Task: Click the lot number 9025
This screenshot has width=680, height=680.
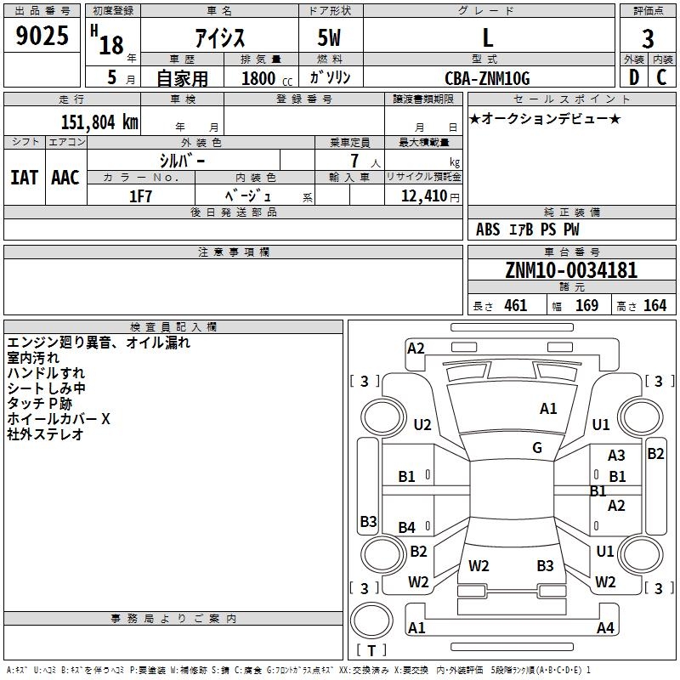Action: (x=42, y=36)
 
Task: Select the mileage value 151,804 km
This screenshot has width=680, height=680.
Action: (x=99, y=122)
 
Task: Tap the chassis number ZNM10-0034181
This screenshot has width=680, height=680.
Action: (x=571, y=270)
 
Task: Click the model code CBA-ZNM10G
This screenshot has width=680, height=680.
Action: (x=487, y=78)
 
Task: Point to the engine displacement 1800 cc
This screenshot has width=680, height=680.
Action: (x=266, y=78)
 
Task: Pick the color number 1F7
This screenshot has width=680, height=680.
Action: (x=140, y=196)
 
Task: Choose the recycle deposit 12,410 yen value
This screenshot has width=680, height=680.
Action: (x=430, y=196)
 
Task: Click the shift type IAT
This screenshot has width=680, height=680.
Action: (x=25, y=178)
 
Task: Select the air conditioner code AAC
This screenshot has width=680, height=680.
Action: (x=65, y=178)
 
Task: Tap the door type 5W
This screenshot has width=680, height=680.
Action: (x=329, y=37)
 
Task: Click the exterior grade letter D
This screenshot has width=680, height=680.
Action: (x=634, y=77)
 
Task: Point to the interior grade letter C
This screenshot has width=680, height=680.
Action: (x=661, y=77)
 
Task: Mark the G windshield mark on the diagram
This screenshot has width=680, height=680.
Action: (x=537, y=448)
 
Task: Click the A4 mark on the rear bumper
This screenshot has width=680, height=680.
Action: (x=605, y=627)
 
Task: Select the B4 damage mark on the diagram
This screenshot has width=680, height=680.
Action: (x=407, y=527)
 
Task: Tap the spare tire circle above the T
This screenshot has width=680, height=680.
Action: (x=371, y=620)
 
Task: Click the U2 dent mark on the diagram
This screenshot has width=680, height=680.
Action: (x=422, y=424)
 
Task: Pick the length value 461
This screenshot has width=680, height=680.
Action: (x=516, y=306)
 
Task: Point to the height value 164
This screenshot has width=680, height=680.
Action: (x=654, y=306)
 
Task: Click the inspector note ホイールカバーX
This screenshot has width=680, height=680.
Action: (x=59, y=419)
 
